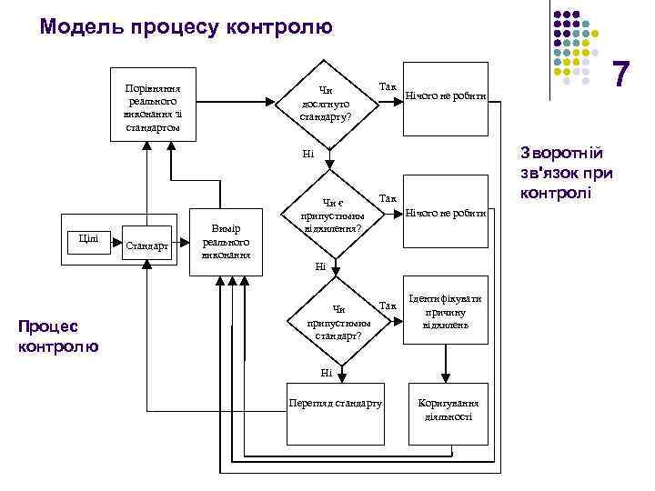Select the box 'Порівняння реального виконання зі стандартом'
tap(153, 102)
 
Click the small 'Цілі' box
tap(88, 238)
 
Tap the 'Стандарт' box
tap(146, 245)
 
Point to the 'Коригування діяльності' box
tap(445, 409)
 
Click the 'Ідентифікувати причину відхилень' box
tap(445, 312)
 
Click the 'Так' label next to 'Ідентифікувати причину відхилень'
tap(388, 306)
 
